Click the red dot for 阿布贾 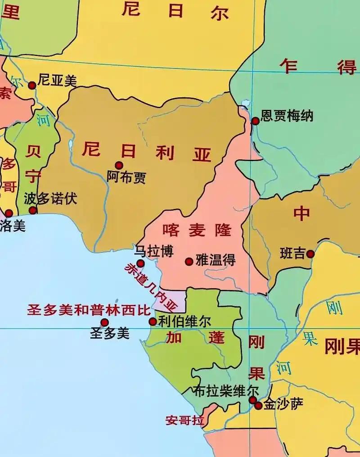(119, 165)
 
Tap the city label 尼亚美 (58, 81)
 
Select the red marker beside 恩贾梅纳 (255, 121)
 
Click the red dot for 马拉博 (140, 263)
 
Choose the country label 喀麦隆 (197, 230)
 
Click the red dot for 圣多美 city (104, 322)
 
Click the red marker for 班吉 (310, 254)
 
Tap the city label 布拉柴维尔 (226, 390)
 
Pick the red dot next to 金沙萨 (258, 405)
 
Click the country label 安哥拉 (184, 421)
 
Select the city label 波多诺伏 (51, 198)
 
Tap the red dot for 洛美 (9, 213)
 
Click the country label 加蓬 (194, 338)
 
